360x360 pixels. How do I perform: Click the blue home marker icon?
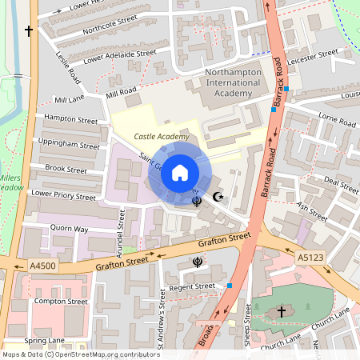point(180,172)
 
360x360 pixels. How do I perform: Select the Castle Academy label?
point(162,137)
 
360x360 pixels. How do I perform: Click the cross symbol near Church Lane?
point(282,311)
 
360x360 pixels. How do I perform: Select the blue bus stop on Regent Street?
point(230,286)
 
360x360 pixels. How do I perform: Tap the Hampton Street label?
point(71,119)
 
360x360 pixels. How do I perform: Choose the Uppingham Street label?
point(73,146)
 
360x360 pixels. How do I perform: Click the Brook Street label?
point(66,170)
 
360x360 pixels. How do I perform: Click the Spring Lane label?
point(45,340)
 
